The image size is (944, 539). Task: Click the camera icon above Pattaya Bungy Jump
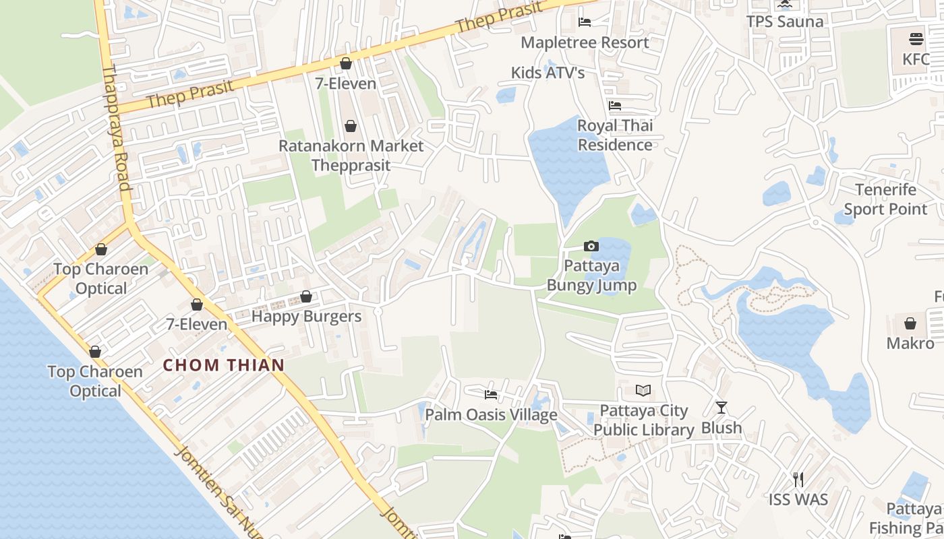click(x=591, y=247)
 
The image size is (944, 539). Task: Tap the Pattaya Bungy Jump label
click(x=591, y=276)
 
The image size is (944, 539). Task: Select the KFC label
click(x=916, y=59)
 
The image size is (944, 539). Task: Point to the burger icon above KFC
click(x=916, y=38)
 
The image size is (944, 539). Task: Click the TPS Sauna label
click(x=785, y=22)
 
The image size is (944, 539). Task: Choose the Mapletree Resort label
click(x=585, y=42)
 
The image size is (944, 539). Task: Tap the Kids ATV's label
click(x=548, y=73)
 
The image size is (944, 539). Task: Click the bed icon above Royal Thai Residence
click(x=615, y=106)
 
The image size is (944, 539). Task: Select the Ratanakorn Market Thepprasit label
click(x=351, y=155)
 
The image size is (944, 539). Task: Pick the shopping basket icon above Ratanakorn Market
click(x=351, y=126)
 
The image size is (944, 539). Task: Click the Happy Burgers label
click(x=306, y=316)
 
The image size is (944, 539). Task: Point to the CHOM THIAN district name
click(x=224, y=365)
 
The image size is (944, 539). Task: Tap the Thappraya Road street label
click(x=116, y=128)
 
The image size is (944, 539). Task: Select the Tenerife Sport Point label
click(x=885, y=199)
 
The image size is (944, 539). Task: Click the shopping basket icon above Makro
click(x=910, y=323)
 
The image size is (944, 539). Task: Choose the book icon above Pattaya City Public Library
click(x=643, y=391)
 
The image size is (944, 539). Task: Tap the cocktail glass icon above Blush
click(x=721, y=408)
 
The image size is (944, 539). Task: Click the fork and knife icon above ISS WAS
click(x=798, y=480)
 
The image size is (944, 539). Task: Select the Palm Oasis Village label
click(x=491, y=414)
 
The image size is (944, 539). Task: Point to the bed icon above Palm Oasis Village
click(x=491, y=395)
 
